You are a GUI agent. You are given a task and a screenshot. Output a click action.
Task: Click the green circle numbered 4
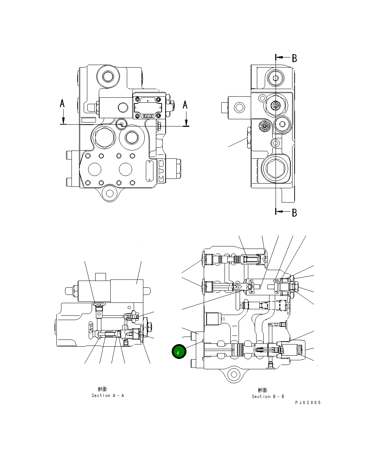tap(179, 352)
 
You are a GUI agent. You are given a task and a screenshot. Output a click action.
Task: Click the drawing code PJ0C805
tap(308, 403)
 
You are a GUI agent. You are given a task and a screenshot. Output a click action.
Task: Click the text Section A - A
tap(107, 395)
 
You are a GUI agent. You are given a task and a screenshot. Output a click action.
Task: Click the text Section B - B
tap(268, 397)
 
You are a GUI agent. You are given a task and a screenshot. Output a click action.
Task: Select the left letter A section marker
tap(62, 104)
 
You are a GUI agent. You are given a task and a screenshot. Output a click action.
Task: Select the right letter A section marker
tap(185, 105)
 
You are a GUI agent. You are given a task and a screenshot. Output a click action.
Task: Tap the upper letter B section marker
tap(294, 58)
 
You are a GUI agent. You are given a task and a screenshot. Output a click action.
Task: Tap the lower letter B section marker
tap(294, 213)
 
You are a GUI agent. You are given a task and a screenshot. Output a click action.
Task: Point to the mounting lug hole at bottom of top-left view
tap(109, 193)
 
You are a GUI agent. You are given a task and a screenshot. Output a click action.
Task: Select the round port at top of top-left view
tap(108, 77)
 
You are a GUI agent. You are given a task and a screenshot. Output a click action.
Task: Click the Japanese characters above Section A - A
tap(102, 389)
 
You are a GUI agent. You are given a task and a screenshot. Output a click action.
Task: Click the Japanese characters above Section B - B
tap(263, 390)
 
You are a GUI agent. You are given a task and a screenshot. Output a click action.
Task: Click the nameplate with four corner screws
tap(148, 106)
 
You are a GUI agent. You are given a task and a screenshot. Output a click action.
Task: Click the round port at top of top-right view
tap(276, 78)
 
